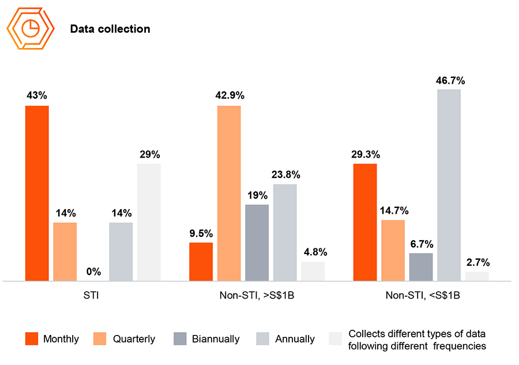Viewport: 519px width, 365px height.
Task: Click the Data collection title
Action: coord(110,29)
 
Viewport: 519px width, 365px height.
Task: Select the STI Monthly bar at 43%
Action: coord(37,193)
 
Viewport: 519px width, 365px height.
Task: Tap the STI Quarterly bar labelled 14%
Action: coord(65,252)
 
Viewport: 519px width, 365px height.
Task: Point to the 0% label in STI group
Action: coord(93,271)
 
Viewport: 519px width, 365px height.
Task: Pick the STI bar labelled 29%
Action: coord(149,222)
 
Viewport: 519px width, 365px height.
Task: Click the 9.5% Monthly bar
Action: coord(201,262)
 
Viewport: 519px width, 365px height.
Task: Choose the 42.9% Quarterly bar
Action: coord(229,193)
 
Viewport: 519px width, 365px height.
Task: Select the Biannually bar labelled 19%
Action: coord(257,243)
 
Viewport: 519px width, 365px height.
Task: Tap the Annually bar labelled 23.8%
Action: coord(285,233)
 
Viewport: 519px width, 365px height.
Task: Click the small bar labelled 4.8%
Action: coord(313,271)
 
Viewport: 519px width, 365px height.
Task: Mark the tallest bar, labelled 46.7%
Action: coord(449,185)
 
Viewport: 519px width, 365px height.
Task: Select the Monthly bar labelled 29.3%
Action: coord(365,222)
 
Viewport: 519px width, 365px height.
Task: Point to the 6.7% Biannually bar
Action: coord(421,267)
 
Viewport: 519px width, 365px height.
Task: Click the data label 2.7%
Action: coord(477,262)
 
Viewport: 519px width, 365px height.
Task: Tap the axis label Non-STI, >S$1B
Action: coord(257,296)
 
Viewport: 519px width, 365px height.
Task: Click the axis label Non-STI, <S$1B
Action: coord(422,296)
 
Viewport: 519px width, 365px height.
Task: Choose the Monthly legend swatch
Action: coord(32,339)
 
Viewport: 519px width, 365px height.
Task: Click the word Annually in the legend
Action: coord(295,339)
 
